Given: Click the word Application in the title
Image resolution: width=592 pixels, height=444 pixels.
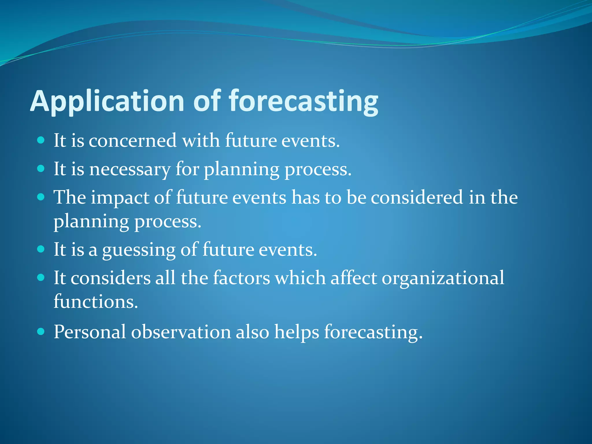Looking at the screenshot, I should (107, 101).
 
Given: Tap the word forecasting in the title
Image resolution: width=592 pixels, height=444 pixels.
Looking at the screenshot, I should (304, 101).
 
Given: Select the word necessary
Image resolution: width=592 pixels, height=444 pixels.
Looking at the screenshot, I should (130, 169).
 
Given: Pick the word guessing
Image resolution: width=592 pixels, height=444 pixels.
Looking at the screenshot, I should (139, 250).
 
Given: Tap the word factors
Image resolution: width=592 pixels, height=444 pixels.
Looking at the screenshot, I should (241, 278).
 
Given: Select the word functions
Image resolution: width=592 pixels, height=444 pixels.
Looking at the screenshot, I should (96, 302).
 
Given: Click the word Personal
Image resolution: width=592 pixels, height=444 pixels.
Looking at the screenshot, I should (90, 332).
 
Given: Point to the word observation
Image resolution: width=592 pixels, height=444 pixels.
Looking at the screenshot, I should (181, 332).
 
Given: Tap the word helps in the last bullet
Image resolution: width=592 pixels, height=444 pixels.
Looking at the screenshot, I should (297, 332).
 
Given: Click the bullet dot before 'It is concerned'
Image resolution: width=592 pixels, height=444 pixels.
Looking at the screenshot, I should (41, 140).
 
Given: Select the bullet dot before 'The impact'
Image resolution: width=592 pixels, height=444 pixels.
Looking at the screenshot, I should (41, 197).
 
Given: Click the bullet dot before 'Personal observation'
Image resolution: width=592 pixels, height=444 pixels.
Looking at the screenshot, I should (41, 331).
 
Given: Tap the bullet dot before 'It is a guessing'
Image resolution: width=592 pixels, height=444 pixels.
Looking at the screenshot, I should (41, 249).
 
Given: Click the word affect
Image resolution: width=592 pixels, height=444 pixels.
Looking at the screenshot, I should (354, 278).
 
